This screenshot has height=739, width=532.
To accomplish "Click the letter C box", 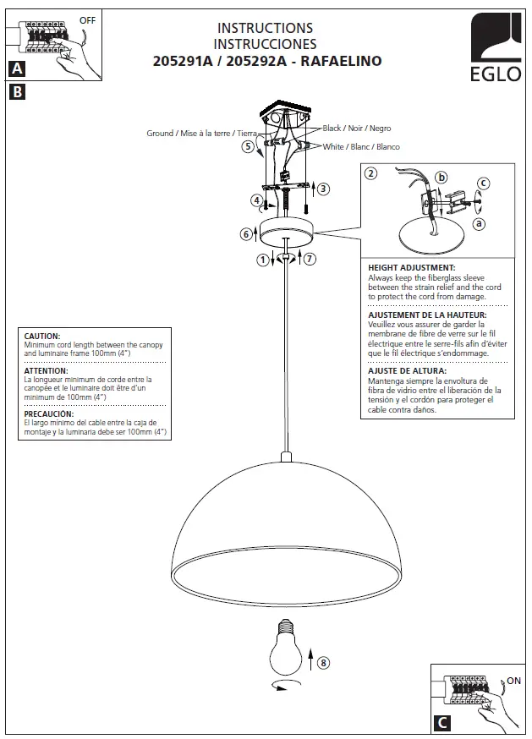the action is point(442,722).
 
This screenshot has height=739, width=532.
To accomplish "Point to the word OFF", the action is point(88,18).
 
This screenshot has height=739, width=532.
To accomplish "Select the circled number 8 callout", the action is point(322,662).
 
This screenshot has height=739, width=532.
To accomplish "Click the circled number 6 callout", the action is point(245,233).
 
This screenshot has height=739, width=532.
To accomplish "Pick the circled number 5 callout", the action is point(248,146).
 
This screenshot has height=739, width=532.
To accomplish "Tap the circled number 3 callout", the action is point(323,188).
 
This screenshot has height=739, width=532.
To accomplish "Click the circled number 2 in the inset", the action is point(370,174).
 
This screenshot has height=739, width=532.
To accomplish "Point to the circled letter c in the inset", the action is point(483,182).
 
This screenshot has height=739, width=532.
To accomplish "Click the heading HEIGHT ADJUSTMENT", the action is point(412,268).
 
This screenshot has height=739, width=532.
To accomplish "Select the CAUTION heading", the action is point(42,336).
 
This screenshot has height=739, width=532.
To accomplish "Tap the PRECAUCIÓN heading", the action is point(49,413).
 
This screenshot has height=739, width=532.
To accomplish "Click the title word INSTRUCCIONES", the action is point(266,45).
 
